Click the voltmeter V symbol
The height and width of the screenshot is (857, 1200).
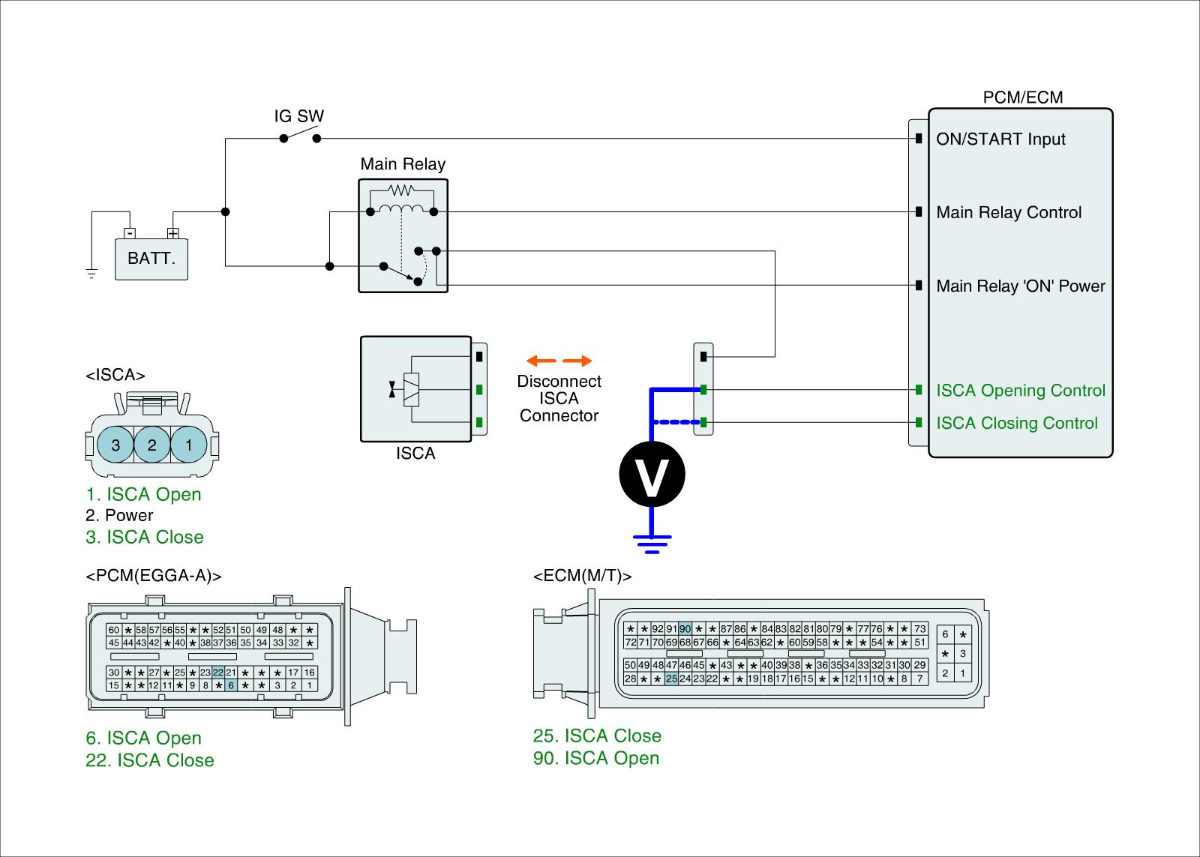(x=652, y=474)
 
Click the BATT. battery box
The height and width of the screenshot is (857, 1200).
(x=151, y=259)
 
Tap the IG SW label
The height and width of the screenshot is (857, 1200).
(x=299, y=116)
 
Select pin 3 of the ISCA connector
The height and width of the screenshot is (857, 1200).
(x=115, y=445)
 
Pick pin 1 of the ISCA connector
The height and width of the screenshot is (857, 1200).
(x=188, y=445)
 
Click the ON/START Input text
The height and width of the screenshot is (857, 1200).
(x=1000, y=139)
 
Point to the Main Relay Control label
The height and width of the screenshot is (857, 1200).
(x=1009, y=213)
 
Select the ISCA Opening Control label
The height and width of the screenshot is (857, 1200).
(x=1021, y=391)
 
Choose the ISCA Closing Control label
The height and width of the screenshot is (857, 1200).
(x=1017, y=423)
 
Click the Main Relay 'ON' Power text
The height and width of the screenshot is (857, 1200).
(x=1021, y=286)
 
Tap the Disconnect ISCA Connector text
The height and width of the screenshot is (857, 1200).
(x=559, y=398)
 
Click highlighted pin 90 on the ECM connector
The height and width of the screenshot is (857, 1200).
(x=685, y=629)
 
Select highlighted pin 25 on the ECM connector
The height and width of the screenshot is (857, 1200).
(x=671, y=679)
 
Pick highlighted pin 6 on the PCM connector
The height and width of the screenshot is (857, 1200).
(x=231, y=685)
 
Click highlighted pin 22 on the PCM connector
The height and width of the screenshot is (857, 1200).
(x=218, y=673)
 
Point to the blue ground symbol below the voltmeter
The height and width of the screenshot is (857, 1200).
(x=652, y=544)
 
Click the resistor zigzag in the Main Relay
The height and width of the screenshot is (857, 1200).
(x=401, y=190)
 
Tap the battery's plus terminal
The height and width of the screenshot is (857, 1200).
(x=173, y=233)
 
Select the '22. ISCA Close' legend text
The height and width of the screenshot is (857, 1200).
(x=150, y=760)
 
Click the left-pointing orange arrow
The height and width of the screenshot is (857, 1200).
(x=541, y=361)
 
